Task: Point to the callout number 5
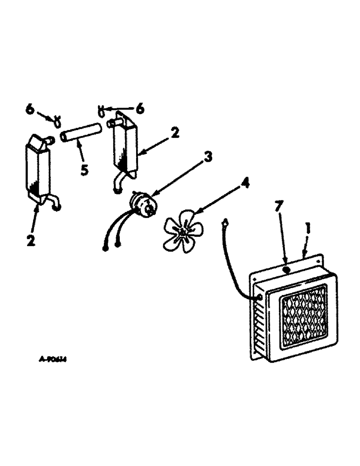84,170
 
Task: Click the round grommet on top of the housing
286,270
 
